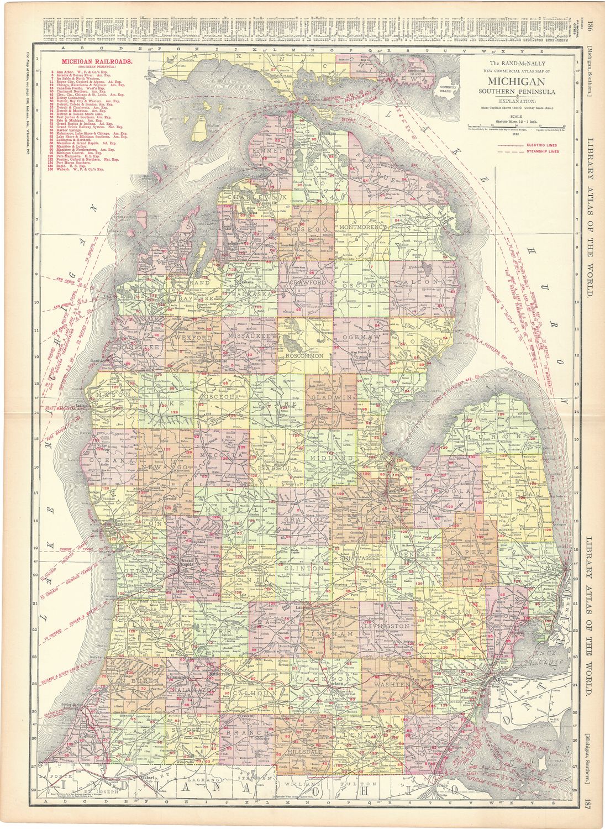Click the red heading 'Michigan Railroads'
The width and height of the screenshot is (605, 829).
pyautogui.click(x=97, y=62)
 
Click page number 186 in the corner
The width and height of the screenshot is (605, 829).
pyautogui.click(x=590, y=25)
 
